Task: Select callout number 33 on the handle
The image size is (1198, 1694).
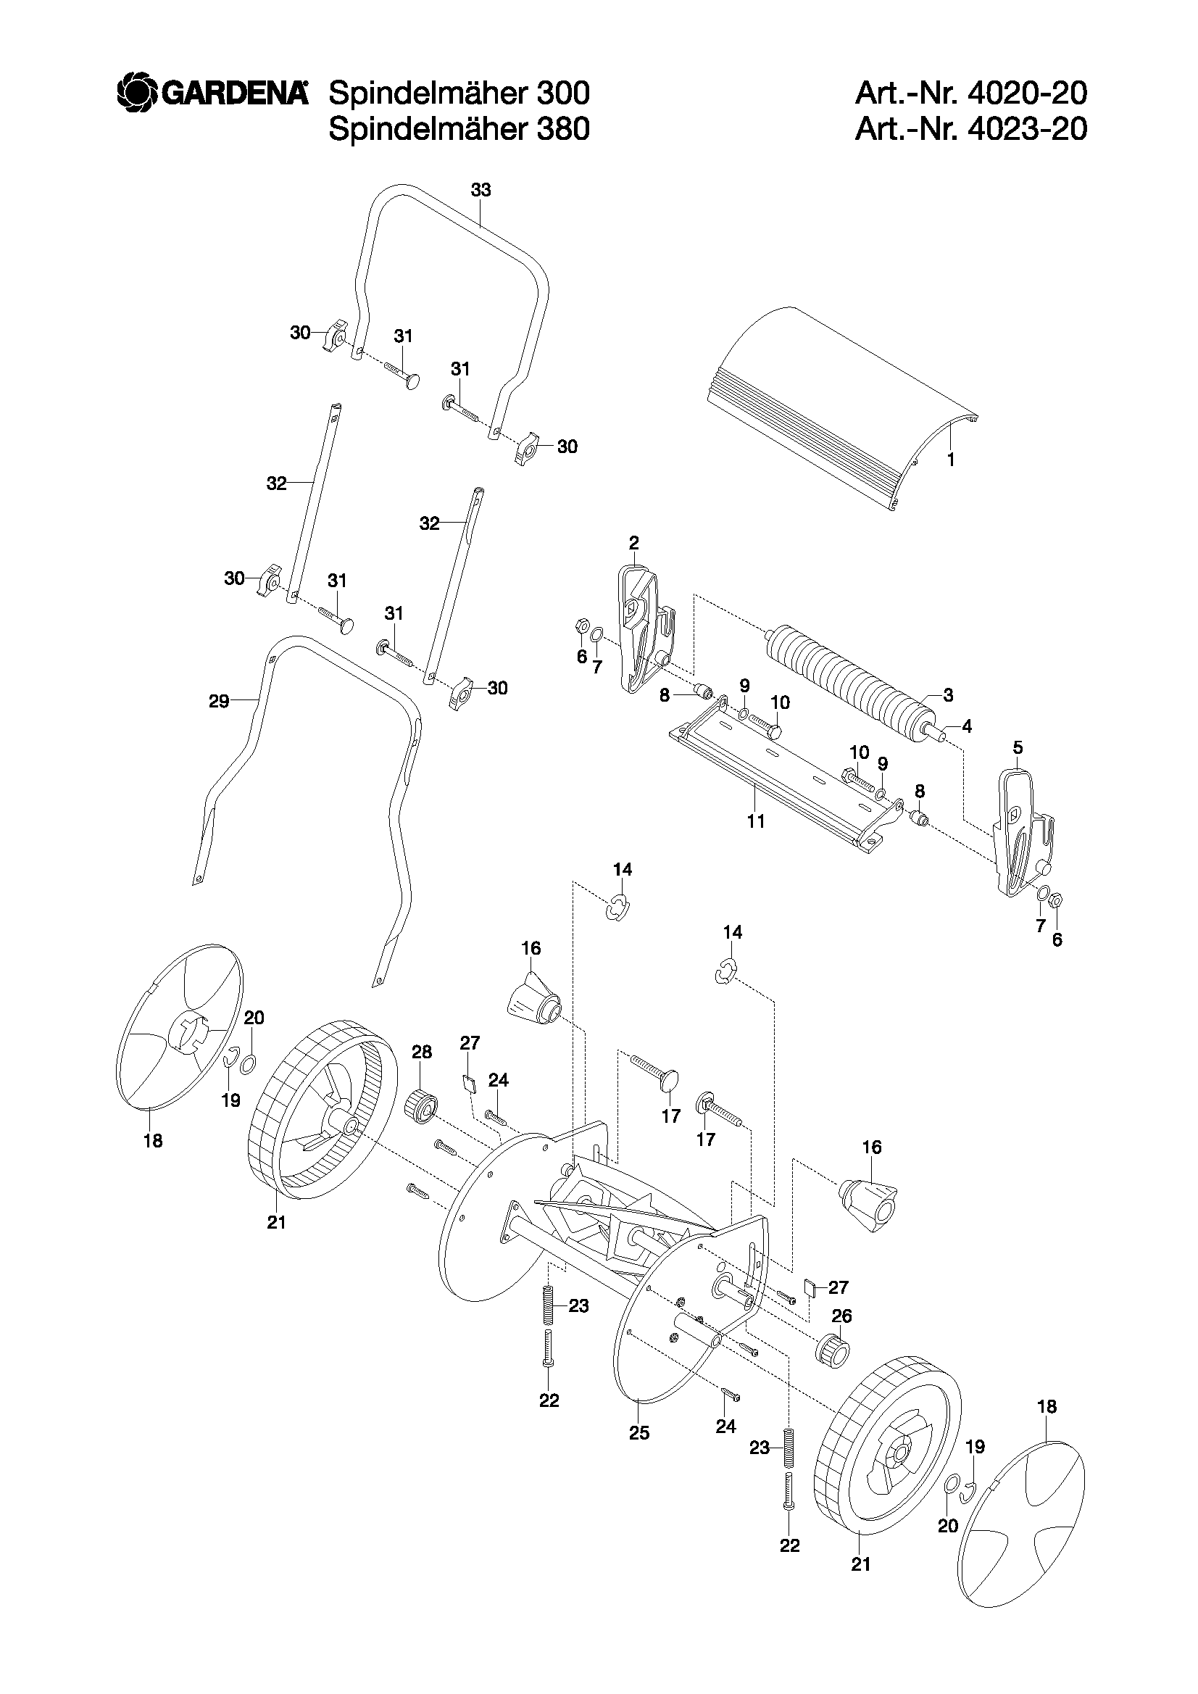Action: pyautogui.click(x=481, y=191)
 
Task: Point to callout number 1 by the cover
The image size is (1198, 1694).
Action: pyautogui.click(x=951, y=460)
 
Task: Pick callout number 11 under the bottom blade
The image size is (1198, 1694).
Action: pyautogui.click(x=756, y=821)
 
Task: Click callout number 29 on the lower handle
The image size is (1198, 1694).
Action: pyautogui.click(x=219, y=701)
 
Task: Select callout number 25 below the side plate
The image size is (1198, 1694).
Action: pyautogui.click(x=638, y=1433)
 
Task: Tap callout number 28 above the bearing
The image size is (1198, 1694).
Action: pyautogui.click(x=421, y=1051)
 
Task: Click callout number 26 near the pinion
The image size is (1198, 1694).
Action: pyautogui.click(x=841, y=1316)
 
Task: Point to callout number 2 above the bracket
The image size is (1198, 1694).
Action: pyautogui.click(x=633, y=543)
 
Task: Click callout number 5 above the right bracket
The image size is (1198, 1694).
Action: pyautogui.click(x=1018, y=747)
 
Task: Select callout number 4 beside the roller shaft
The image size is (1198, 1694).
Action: pyautogui.click(x=966, y=726)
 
